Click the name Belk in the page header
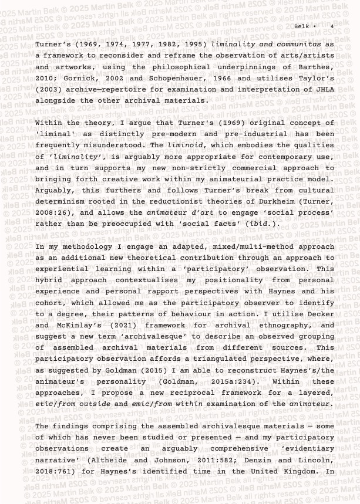click(301, 26)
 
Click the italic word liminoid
click(186, 146)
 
